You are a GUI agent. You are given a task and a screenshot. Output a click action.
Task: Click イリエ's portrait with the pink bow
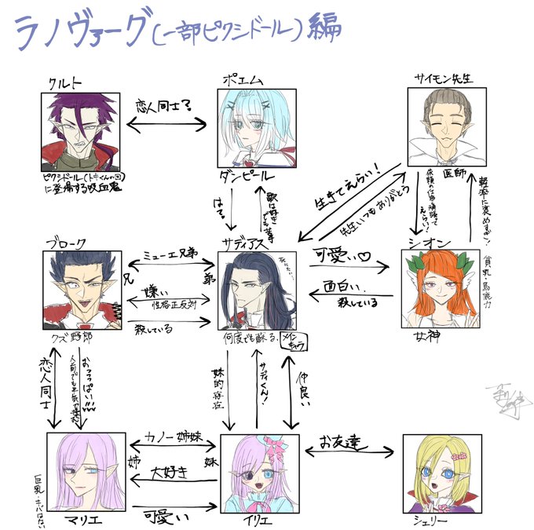coord(259,473)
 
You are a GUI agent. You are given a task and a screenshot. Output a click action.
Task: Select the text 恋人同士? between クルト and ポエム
coord(166,104)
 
